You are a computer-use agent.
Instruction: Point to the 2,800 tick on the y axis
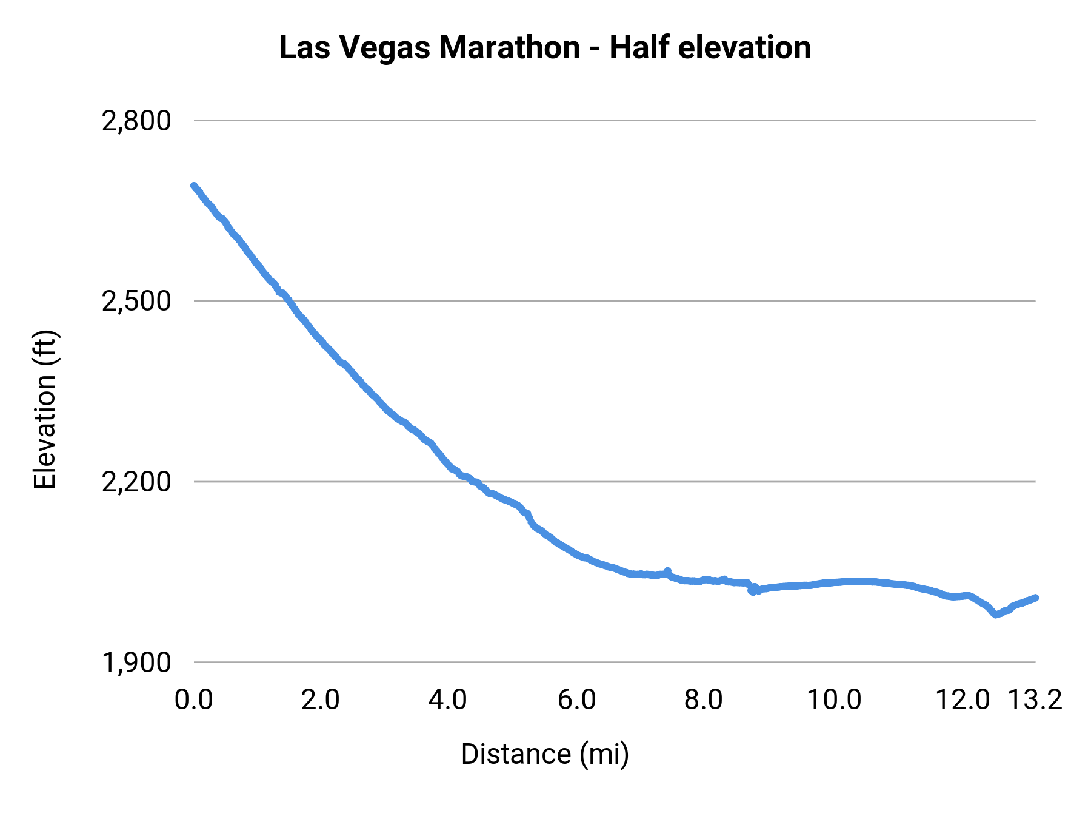136,121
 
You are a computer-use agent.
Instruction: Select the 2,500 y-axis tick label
136,301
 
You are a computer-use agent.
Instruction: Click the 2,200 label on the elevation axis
136,482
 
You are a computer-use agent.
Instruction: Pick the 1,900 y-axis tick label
136,662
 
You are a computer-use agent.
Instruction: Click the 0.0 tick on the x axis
193,699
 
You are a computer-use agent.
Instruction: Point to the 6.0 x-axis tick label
576,699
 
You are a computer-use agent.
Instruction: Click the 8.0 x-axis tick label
703,699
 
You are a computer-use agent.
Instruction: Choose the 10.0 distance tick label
834,699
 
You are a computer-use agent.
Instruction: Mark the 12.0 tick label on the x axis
963,699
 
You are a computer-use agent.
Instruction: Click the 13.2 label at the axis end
1035,699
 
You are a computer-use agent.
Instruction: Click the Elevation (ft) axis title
45,409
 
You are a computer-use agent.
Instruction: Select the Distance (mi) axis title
545,754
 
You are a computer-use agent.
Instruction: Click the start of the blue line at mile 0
194,186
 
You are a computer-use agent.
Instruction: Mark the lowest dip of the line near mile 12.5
995,615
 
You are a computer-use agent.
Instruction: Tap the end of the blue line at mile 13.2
1035,598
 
